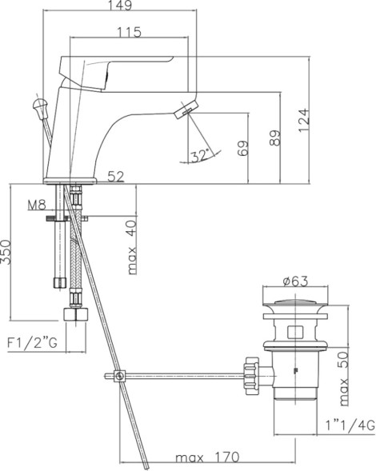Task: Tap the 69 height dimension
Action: pyautogui.click(x=242, y=148)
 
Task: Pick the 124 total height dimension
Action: pyautogui.click(x=304, y=121)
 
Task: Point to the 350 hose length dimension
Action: pyautogui.click(x=7, y=252)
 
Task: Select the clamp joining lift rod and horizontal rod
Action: pyautogui.click(x=118, y=377)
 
